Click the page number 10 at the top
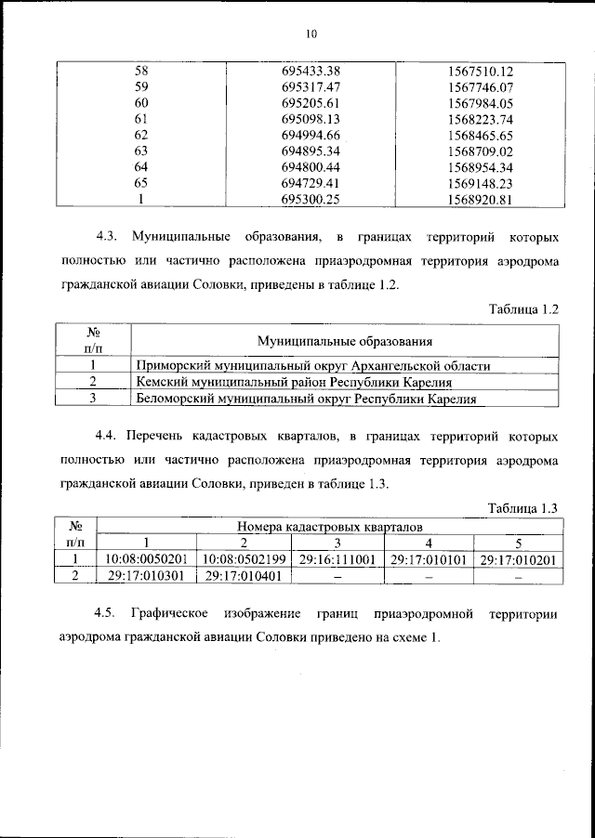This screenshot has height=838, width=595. point(311,34)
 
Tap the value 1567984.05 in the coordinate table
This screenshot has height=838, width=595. point(480,102)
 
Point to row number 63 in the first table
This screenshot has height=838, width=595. point(141,150)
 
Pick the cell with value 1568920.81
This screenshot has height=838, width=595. point(480,198)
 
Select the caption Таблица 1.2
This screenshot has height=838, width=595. point(523,308)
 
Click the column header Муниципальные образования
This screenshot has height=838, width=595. point(345,342)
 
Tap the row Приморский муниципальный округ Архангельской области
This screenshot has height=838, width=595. point(313,366)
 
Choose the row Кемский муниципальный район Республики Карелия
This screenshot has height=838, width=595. point(294,382)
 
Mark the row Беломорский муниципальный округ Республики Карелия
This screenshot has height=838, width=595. point(306,399)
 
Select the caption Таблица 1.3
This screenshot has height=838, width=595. point(523,506)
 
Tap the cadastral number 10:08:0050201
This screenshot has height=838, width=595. point(146,559)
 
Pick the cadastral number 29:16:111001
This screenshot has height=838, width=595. point(337,559)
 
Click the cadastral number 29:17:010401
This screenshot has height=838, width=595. point(242,576)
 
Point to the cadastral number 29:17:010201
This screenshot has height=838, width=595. point(518,559)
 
